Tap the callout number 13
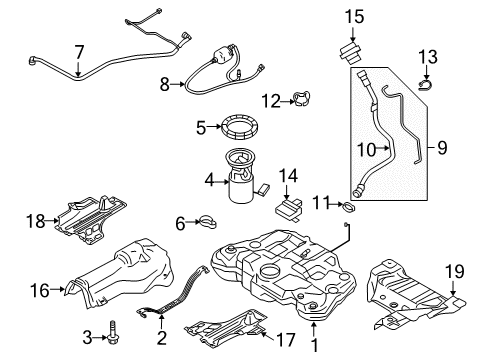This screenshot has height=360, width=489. coord(428,55)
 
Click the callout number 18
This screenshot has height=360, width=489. coord(36,221)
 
